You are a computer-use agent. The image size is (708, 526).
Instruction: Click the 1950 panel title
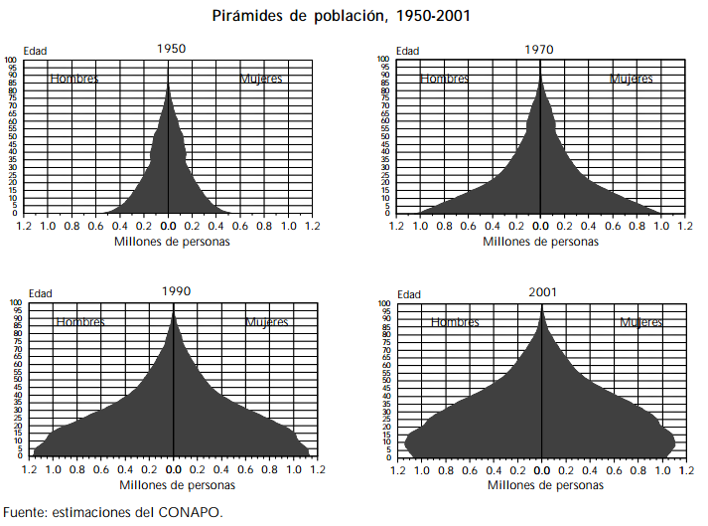pyautogui.click(x=171, y=47)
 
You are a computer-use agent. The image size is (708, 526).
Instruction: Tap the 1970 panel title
pyautogui.click(x=541, y=47)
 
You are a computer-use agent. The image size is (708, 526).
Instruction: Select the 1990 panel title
pyautogui.click(x=176, y=291)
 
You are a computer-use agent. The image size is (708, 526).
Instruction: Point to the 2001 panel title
pyautogui.click(x=542, y=291)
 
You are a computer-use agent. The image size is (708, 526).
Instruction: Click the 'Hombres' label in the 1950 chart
pyautogui.click(x=74, y=79)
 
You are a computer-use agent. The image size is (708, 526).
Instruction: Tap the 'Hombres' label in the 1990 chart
pyautogui.click(x=80, y=322)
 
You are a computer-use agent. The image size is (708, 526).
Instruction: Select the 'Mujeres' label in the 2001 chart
pyautogui.click(x=641, y=322)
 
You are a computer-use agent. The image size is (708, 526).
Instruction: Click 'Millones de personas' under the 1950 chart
pyautogui.click(x=172, y=242)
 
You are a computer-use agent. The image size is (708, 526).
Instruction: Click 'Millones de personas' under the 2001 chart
pyautogui.click(x=545, y=485)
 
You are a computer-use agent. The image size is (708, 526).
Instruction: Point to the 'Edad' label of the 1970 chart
pyautogui.click(x=407, y=50)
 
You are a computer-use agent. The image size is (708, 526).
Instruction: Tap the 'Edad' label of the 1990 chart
pyautogui.click(x=40, y=293)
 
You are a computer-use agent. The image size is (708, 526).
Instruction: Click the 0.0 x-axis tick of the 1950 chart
pyautogui.click(x=169, y=227)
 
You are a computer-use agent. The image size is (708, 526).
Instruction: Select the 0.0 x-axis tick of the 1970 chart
pyautogui.click(x=540, y=227)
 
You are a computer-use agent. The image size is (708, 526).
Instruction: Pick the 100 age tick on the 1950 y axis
pyautogui.click(x=12, y=60)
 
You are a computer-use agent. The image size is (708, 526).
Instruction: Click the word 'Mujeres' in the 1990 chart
pyautogui.click(x=267, y=322)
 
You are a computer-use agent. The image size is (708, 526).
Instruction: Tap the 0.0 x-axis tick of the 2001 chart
pyautogui.click(x=542, y=470)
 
